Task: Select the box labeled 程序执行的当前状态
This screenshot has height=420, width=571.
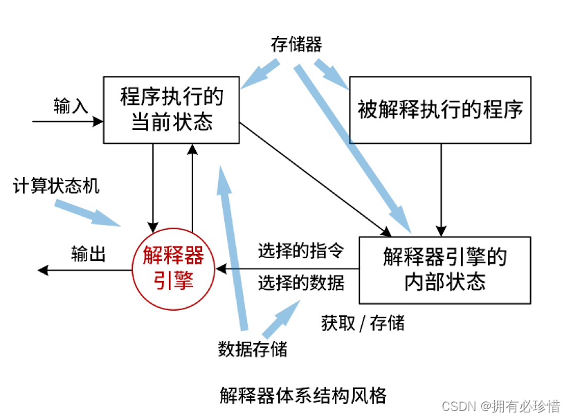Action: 172,109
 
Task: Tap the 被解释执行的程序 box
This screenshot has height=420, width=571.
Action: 440,109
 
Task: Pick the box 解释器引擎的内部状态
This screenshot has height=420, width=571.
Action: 444,270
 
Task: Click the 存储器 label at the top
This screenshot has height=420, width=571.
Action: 296,45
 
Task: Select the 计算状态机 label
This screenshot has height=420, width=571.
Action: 56,186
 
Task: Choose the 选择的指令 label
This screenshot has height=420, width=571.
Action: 301,250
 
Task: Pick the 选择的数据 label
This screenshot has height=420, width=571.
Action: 301,283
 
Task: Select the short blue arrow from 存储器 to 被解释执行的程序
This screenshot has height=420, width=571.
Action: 332,75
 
